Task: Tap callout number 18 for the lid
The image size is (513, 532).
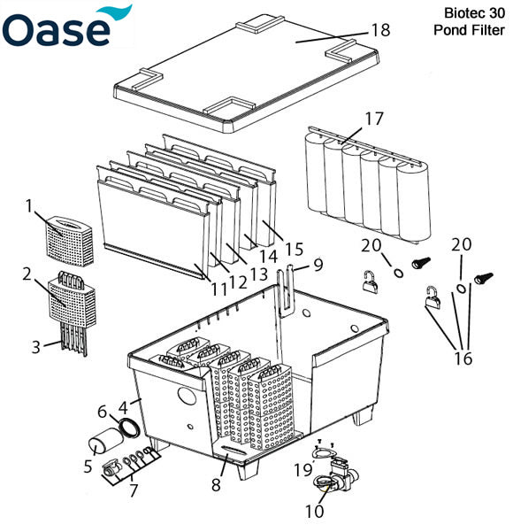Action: coord(380,30)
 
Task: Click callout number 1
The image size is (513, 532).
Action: coord(28,205)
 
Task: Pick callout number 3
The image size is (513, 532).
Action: coord(35,347)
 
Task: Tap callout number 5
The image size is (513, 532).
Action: coord(88,464)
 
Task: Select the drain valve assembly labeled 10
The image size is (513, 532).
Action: coord(332,479)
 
